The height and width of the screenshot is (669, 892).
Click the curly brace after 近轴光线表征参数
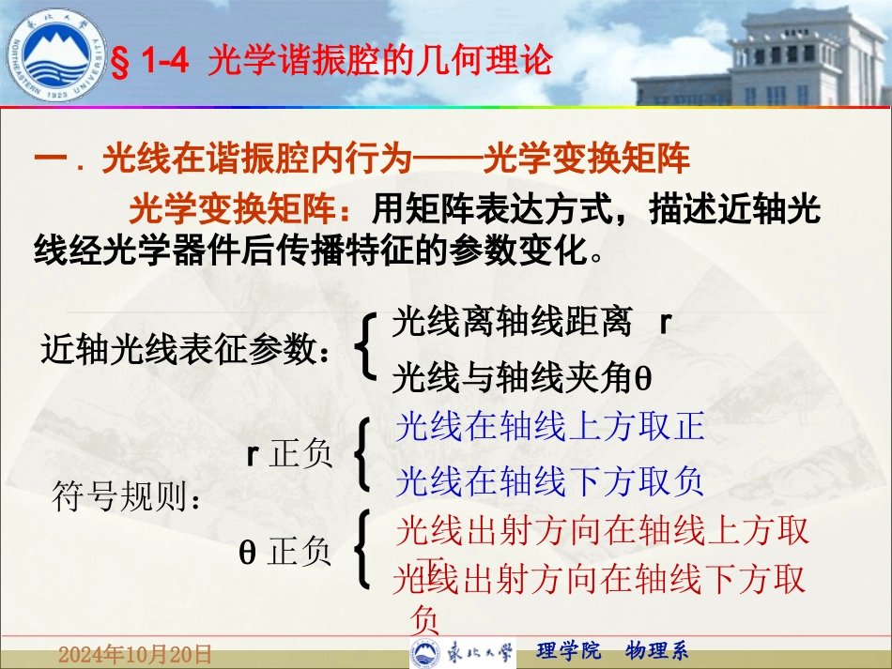tap(367, 348)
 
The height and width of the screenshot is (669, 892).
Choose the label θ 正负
tap(286, 552)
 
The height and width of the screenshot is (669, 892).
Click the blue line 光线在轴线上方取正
tap(549, 427)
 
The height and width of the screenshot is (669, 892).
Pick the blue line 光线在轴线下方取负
tap(549, 482)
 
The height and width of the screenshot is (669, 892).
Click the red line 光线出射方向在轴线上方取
tap(602, 531)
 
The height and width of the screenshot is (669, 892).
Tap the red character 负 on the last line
tap(425, 619)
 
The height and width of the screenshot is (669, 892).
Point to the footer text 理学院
tap(570, 650)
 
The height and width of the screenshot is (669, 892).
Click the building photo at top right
tap(807, 56)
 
